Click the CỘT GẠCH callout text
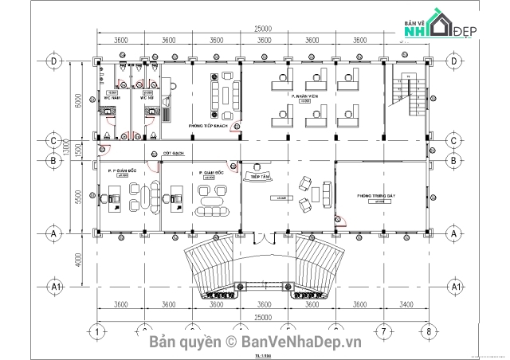click(174, 151)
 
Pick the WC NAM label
click(113, 99)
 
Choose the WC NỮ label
click(147, 99)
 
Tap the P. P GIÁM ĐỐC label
click(120, 170)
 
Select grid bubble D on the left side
click(54, 61)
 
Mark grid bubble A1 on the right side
click(454, 285)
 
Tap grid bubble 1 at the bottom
click(96, 331)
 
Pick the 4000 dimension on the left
click(78, 260)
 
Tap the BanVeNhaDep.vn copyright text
click(254, 342)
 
